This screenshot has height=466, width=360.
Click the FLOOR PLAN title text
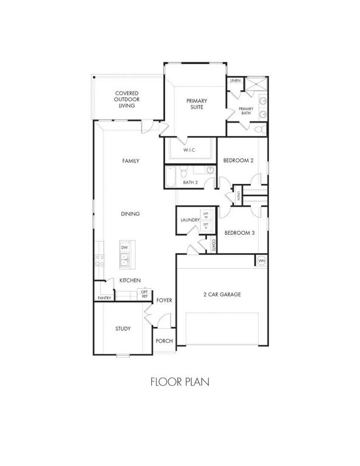[180, 382]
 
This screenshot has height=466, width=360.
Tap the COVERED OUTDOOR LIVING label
[127, 100]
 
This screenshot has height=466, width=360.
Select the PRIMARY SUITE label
[195, 104]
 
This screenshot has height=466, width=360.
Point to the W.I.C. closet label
[189, 149]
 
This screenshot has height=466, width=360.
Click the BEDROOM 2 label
[238, 160]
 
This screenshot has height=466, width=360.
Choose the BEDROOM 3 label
[239, 233]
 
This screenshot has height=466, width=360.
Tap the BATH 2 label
[191, 182]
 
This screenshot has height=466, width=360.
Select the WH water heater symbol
[262, 260]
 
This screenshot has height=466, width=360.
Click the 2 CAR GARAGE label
[222, 294]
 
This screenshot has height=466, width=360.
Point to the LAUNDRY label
[190, 220]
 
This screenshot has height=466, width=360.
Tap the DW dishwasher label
[124, 248]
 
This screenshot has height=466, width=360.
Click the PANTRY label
[103, 298]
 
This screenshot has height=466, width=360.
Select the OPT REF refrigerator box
[144, 294]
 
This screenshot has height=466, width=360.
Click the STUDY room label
[123, 329]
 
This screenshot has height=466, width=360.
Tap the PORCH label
[164, 341]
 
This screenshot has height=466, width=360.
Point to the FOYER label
[165, 300]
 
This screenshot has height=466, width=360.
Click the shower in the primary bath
[262, 86]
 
